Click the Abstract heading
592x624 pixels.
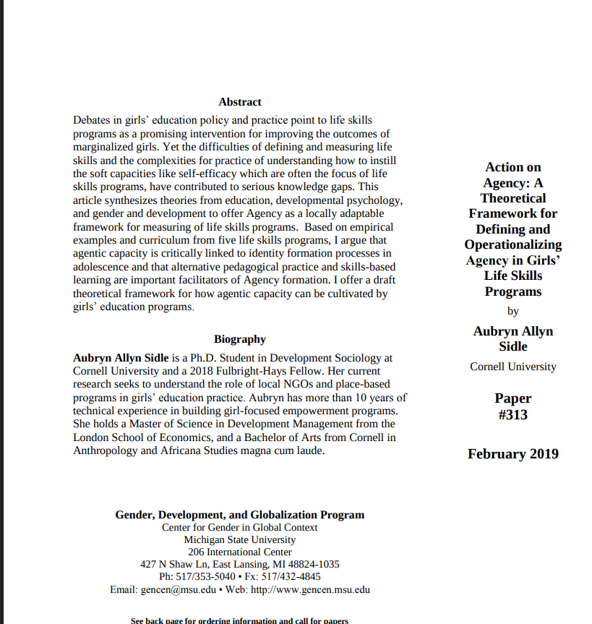(239, 102)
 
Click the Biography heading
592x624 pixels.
(239, 339)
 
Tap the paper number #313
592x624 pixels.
(512, 414)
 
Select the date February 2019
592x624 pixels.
(512, 454)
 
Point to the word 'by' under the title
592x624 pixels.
(512, 312)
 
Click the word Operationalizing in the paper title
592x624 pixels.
(512, 244)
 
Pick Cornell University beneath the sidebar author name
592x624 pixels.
(512, 367)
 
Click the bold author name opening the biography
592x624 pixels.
(121, 358)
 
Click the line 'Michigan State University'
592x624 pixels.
(239, 539)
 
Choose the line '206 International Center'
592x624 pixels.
(239, 552)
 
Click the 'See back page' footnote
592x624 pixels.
(239, 620)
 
